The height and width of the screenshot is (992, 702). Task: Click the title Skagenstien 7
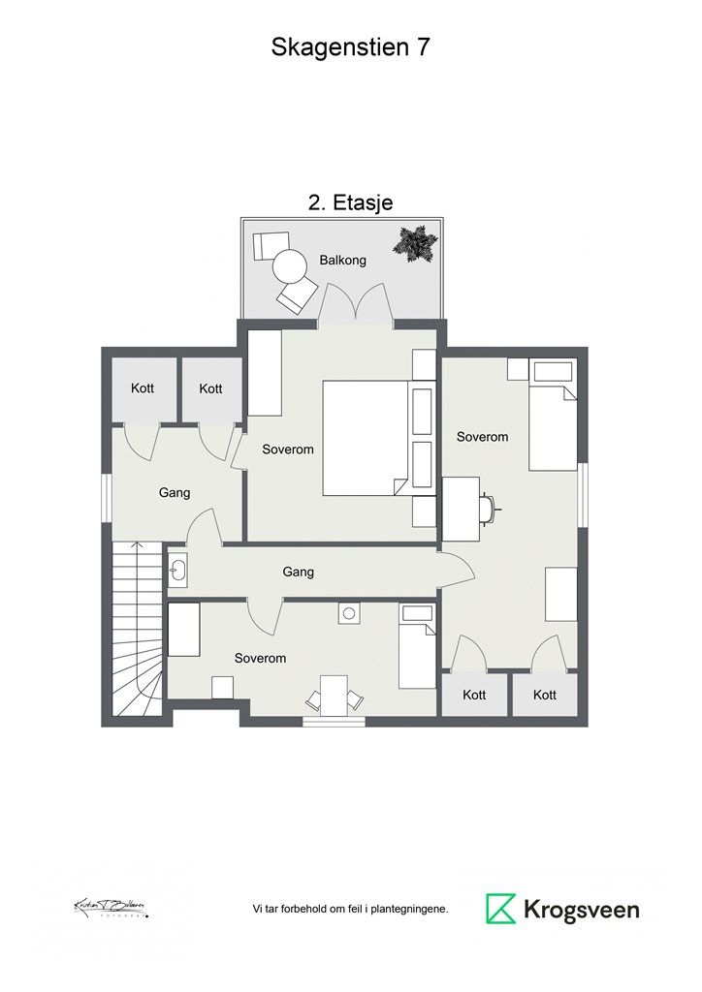[x=350, y=48]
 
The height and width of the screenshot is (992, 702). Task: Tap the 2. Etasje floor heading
[x=350, y=201]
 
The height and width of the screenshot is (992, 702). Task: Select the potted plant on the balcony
[x=415, y=242]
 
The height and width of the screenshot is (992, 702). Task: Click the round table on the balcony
[x=289, y=264]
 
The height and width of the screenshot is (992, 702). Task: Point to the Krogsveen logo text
[x=582, y=910]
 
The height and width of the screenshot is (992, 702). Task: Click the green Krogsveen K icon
[x=500, y=909]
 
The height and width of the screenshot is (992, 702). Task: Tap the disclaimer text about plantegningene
[x=350, y=910]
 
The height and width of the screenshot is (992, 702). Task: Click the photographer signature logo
[x=111, y=909]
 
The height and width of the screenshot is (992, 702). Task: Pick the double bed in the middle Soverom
[x=365, y=438]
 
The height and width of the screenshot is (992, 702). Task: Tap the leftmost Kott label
[x=143, y=388]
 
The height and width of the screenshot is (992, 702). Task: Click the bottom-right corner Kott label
[x=544, y=695]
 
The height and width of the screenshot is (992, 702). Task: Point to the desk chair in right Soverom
[x=492, y=505]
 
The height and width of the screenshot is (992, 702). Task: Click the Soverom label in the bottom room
[x=260, y=658]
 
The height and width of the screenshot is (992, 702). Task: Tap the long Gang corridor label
[x=299, y=573]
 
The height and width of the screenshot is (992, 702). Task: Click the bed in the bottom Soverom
[x=418, y=646]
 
